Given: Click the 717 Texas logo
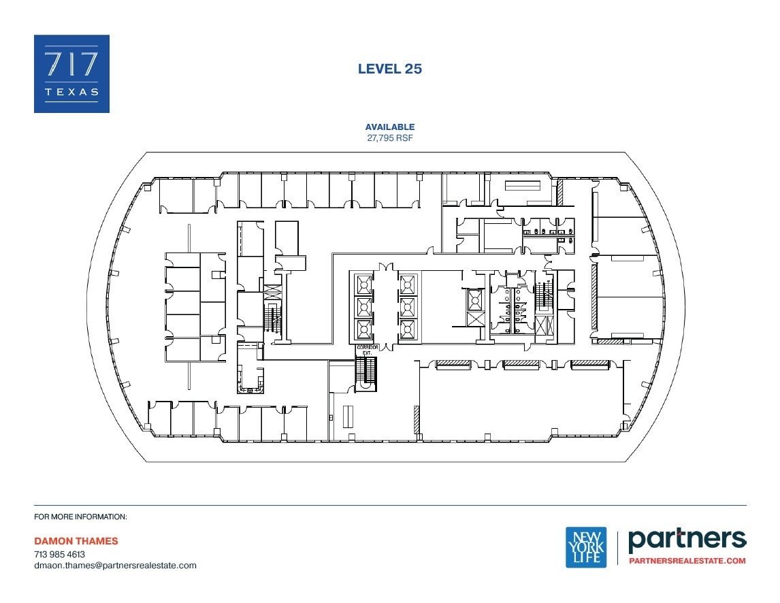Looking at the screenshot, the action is coord(71,74).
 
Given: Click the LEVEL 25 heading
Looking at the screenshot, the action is coord(390,69).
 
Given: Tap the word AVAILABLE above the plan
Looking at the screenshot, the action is coord(390,127).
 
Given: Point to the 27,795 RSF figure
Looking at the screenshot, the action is coord(390,137).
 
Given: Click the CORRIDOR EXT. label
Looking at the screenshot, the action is coord(368,350).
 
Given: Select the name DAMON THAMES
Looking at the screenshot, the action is coord(76,541).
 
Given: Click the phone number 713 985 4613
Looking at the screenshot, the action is coord(60,554).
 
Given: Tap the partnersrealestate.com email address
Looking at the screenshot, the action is coord(116,565).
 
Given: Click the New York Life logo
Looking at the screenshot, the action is coord(586,547).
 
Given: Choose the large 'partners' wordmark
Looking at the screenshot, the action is coord(687,540).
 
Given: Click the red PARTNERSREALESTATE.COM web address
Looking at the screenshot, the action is coord(687,561).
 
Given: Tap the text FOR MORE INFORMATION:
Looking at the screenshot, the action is coord(80,517).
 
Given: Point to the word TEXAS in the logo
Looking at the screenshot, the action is coord(71,92).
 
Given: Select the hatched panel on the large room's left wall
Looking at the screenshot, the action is coord(417,419).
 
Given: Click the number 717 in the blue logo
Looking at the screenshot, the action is coord(71,64).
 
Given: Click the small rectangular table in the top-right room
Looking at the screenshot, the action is coord(523,186).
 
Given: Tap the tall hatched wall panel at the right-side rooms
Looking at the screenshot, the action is coord(594,296).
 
